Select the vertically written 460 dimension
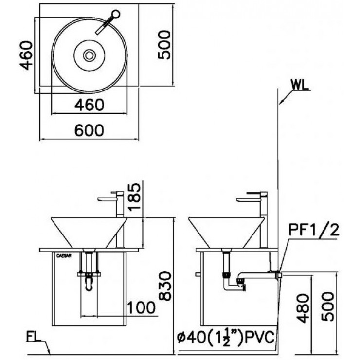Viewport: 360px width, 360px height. click(26, 54)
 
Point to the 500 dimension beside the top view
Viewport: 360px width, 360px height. click(165, 44)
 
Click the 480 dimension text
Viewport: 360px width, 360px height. click(302, 308)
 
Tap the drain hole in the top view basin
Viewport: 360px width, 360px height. click(89, 55)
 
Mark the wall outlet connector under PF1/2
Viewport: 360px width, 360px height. click(279, 275)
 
